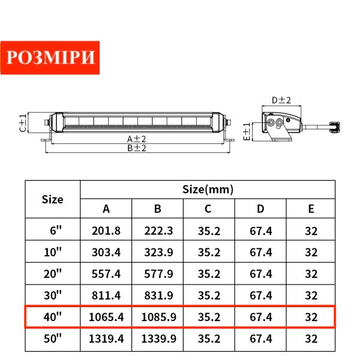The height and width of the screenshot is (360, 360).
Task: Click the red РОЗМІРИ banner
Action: [50, 58]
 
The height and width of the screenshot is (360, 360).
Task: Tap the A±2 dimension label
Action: [137, 139]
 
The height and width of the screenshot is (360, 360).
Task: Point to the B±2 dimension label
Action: [137, 148]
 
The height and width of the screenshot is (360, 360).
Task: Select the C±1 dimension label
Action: [23, 123]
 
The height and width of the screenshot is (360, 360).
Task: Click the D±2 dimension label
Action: [281, 100]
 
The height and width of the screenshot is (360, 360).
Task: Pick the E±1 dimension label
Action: [247, 131]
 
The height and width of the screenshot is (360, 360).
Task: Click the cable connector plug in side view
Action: [335, 127]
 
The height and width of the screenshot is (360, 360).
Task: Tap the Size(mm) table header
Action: [208, 190]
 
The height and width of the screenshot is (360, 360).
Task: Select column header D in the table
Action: [260, 209]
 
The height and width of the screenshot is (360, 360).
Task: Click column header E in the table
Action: [311, 209]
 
